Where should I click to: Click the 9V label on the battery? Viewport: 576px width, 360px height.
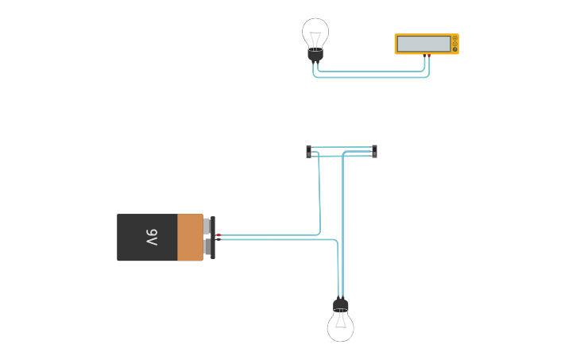click(151, 237)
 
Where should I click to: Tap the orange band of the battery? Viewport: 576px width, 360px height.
click(190, 237)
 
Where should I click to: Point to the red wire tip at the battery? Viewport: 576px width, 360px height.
click(218, 235)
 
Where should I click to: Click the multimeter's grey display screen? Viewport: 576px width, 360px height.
click(423, 45)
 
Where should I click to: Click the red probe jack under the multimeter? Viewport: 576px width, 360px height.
click(425, 55)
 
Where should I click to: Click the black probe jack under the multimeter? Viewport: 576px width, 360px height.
click(429, 55)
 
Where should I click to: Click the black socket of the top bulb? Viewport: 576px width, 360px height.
click(315, 54)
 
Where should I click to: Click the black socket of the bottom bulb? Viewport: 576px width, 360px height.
click(340, 305)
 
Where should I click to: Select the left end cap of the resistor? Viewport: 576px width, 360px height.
click(309, 151)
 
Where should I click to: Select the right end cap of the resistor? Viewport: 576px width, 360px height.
click(374, 151)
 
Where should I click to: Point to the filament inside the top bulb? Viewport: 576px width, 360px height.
click(315, 37)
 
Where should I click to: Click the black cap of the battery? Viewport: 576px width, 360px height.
click(213, 237)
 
